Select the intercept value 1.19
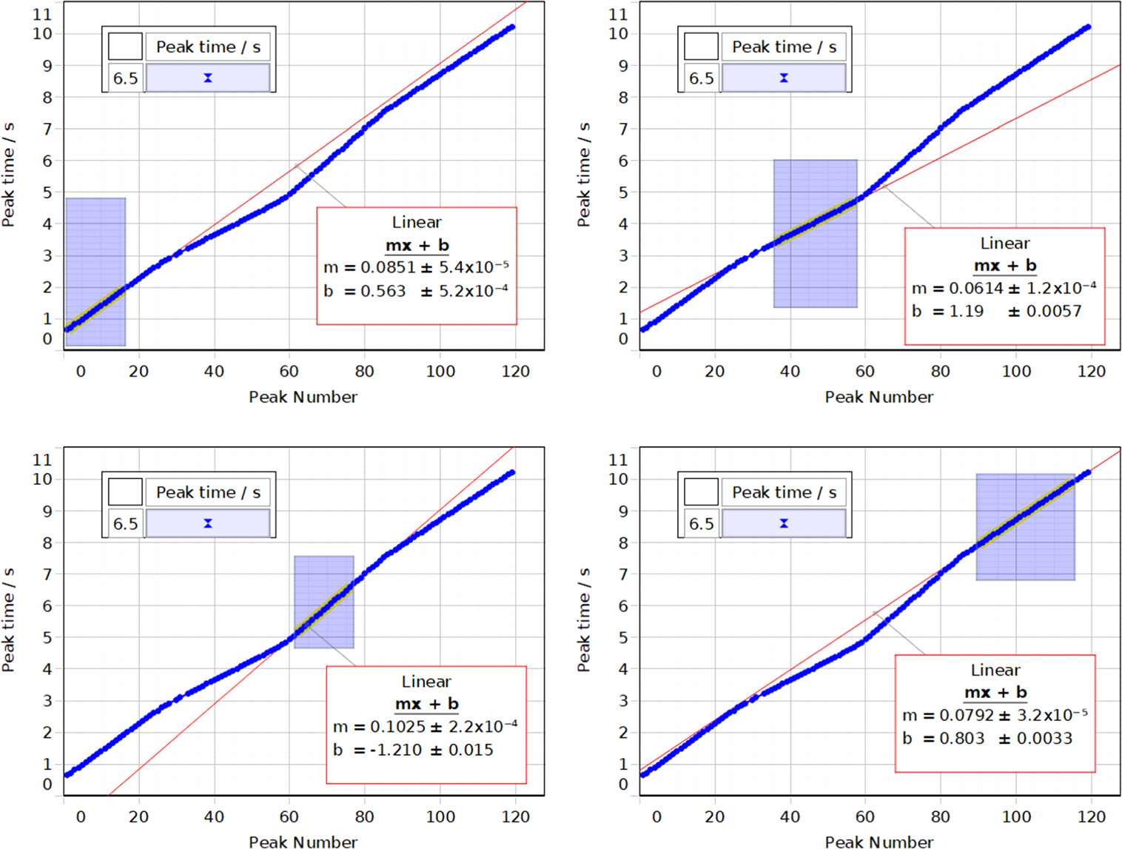pyautogui.click(x=966, y=312)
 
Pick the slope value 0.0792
pyautogui.click(x=967, y=716)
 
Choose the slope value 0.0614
pyautogui.click(x=976, y=289)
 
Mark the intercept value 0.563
pyautogui.click(x=383, y=292)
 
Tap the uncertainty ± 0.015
pyautogui.click(x=462, y=751)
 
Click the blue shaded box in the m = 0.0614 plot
pyautogui.click(x=815, y=234)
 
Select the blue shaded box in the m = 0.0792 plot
pyautogui.click(x=1025, y=527)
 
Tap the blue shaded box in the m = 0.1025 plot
pyautogui.click(x=323, y=603)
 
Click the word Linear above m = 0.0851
pyautogui.click(x=417, y=223)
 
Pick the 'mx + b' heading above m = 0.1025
pyautogui.click(x=426, y=704)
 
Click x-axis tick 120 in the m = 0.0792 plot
pyautogui.click(x=1091, y=817)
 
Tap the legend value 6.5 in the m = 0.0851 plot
pyautogui.click(x=125, y=78)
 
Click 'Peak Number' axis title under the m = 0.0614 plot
pyautogui.click(x=879, y=397)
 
